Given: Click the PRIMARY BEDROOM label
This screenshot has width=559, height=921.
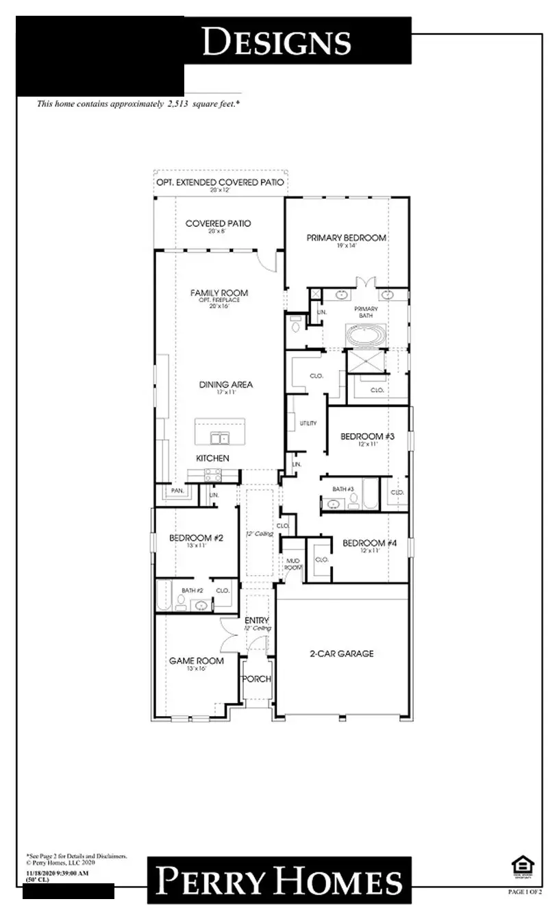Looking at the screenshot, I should [x=346, y=238].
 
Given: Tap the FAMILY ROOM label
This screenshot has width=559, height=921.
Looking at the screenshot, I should [x=219, y=293].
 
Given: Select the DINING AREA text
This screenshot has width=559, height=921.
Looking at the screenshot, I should [x=225, y=385].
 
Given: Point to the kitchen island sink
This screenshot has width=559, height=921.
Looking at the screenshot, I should [x=219, y=438].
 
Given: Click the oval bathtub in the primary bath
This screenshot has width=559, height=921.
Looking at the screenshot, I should [x=365, y=336].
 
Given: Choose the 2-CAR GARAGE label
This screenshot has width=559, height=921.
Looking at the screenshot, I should [x=342, y=654].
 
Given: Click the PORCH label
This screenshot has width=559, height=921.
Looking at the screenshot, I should [x=258, y=679].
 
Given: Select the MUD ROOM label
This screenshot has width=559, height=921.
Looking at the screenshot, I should [x=293, y=563].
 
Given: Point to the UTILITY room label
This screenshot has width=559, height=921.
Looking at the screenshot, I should [x=308, y=423].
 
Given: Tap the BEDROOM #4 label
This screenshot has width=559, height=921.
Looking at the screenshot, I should [x=369, y=543].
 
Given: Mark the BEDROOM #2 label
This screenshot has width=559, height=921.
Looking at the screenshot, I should [x=196, y=539].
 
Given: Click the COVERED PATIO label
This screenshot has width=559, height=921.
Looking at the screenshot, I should [x=218, y=223].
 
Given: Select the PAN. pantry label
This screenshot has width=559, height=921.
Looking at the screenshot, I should [x=177, y=491].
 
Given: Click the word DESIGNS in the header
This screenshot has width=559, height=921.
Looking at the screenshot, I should [x=276, y=42].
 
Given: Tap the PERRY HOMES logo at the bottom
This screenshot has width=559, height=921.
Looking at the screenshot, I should [x=279, y=881].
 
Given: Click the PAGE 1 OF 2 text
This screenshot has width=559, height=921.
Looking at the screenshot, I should [x=524, y=892].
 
